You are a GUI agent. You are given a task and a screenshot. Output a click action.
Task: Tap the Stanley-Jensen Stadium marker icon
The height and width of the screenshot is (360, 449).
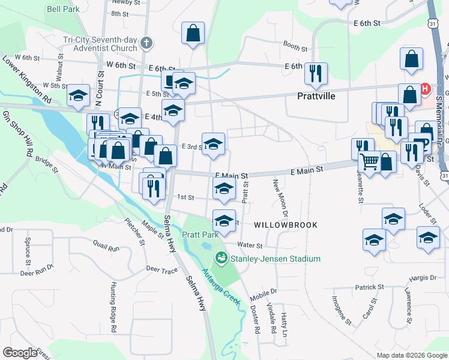(x=221, y=259)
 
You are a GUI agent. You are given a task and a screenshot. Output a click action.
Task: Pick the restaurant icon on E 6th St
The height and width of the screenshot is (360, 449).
(x=316, y=73)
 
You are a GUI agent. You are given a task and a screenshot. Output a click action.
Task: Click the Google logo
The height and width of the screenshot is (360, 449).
(x=20, y=353)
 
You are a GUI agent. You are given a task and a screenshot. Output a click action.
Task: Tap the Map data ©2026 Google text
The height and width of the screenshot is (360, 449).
(x=411, y=355)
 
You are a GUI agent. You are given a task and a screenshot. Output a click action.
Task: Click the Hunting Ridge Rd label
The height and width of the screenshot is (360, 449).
(x=112, y=308)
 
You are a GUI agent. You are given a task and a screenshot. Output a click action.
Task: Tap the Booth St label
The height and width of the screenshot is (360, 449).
(x=295, y=46)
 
